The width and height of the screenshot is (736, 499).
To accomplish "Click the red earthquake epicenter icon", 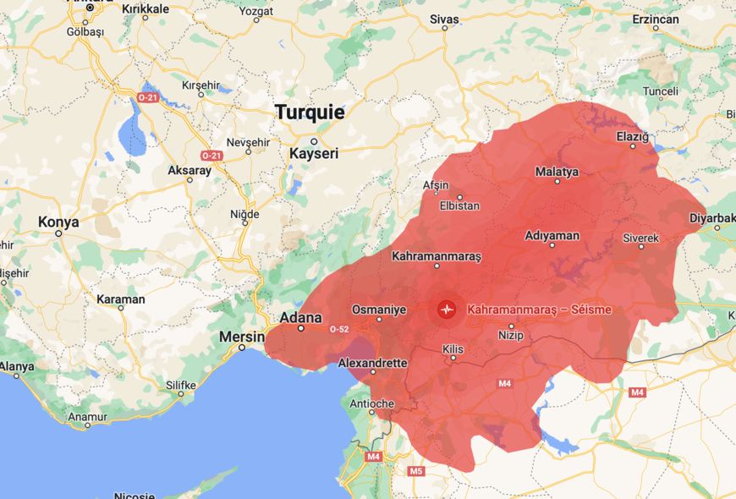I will [447, 310].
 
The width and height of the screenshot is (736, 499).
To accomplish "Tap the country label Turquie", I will [310, 112].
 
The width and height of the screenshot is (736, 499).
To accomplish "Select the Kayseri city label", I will [314, 154].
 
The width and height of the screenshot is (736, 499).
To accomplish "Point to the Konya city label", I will [58, 222].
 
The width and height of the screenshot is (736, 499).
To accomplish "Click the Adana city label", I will [300, 318].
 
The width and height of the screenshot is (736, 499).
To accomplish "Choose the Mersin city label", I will [243, 337].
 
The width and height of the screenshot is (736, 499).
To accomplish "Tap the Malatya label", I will [557, 172].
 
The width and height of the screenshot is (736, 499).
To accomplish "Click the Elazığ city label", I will [632, 136].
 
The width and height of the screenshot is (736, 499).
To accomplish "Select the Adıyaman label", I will [552, 235].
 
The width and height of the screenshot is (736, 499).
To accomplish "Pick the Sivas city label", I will [444, 19].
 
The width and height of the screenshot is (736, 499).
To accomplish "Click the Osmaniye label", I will [379, 310].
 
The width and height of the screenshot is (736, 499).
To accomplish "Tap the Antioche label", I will [371, 403].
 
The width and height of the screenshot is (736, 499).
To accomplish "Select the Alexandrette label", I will [372, 363].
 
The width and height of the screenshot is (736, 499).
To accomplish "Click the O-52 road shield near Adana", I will [338, 329].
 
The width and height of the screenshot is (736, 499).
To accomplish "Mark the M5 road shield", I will [415, 471].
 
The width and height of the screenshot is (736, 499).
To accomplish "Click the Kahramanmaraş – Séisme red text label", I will [539, 310].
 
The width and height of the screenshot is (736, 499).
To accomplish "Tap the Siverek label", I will [640, 239].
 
